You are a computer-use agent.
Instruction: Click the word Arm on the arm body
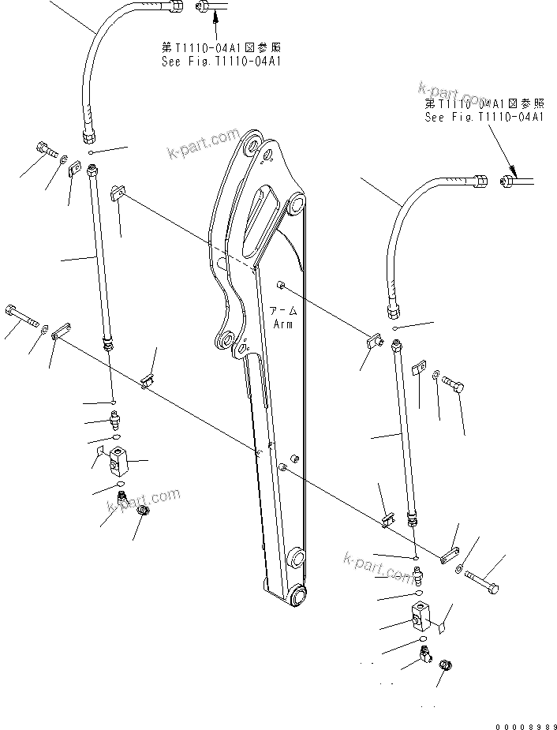pos(282,324)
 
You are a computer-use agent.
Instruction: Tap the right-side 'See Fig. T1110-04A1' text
pos(484,117)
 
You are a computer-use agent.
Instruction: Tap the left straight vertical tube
pos(99,253)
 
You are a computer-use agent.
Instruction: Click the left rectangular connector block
pos(120,456)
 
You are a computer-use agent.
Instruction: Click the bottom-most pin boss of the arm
pos(297,596)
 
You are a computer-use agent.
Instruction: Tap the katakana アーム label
pos(282,311)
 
